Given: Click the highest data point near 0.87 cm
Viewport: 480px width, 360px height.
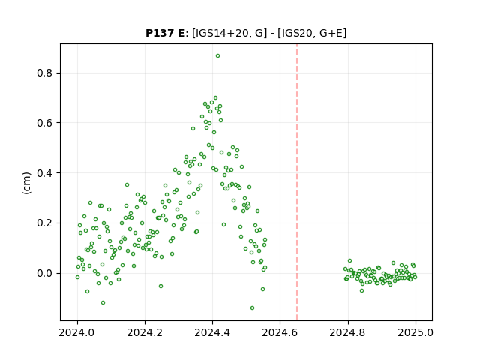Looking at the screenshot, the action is (x=217, y=56).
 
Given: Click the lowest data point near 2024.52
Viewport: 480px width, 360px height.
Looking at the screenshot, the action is (x=252, y=307).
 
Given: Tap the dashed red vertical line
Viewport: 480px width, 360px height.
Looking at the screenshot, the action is (x=297, y=182).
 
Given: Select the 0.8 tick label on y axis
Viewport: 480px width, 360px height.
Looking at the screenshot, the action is (x=45, y=73).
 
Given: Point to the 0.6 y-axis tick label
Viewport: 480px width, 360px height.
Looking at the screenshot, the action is (x=45, y=123).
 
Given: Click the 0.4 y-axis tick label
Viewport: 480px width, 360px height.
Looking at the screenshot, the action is (x=45, y=173).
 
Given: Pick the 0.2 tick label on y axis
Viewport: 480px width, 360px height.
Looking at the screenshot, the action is (x=45, y=223).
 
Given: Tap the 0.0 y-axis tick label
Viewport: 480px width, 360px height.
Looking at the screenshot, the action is (x=45, y=273).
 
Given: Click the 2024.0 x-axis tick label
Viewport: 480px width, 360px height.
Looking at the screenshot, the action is (x=77, y=332).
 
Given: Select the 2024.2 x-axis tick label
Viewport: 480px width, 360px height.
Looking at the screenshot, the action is (x=145, y=332).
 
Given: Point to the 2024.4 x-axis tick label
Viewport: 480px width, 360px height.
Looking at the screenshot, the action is (x=212, y=332).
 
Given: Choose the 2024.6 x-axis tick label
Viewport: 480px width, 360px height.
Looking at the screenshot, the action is (x=280, y=332).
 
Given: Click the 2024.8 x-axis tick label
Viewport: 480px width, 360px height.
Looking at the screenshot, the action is (x=348, y=332).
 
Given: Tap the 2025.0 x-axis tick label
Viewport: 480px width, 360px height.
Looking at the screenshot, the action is (x=415, y=332).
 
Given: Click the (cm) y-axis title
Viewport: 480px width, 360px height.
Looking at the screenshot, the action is (x=27, y=183).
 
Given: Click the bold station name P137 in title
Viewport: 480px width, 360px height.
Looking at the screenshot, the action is (x=160, y=33).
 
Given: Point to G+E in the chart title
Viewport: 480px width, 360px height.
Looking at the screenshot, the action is (x=331, y=33).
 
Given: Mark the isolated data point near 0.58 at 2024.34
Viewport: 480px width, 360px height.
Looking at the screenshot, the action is (x=193, y=128).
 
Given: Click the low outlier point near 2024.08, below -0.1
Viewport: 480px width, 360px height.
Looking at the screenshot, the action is (x=103, y=302).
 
